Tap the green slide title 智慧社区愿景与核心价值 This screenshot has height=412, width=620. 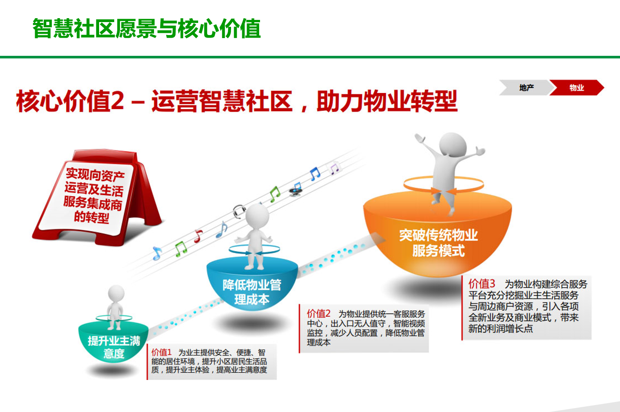coord(147,28)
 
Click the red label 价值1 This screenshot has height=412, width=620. coord(161,352)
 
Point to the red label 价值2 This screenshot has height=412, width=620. coord(318,313)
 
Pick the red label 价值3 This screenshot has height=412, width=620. coord(482,284)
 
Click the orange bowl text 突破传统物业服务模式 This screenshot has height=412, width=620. coord(438,243)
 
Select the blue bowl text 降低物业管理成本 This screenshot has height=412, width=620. coord(252,292)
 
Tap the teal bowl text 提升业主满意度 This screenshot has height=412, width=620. coord(114,347)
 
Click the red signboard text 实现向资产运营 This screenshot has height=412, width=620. coord(94,182)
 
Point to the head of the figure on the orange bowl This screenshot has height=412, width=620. coord(453,144)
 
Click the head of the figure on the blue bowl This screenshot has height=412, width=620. coord(257,216)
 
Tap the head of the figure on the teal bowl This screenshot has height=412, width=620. coord(116,293)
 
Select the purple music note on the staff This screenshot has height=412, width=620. coord(334,168)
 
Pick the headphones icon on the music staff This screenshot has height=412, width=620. coord(239,212)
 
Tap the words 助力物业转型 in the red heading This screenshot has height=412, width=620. coord(387,101)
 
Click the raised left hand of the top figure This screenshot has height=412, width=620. coord(419,138)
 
